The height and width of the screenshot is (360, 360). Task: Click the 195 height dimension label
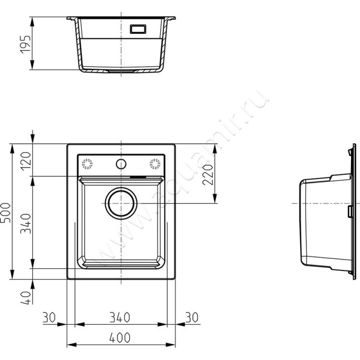click(x=25, y=45)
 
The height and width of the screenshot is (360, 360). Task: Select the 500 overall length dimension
click(x=5, y=212)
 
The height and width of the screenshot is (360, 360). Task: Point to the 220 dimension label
click(x=208, y=175)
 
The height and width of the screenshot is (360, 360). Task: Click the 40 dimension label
click(x=26, y=298)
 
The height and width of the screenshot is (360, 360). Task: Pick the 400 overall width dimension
click(x=120, y=337)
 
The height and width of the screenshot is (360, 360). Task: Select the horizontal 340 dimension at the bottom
click(x=120, y=317)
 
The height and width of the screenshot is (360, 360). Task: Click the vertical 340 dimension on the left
click(x=26, y=223)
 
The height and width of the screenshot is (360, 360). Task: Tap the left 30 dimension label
click(x=49, y=317)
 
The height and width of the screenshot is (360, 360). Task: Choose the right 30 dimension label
click(x=192, y=317)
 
